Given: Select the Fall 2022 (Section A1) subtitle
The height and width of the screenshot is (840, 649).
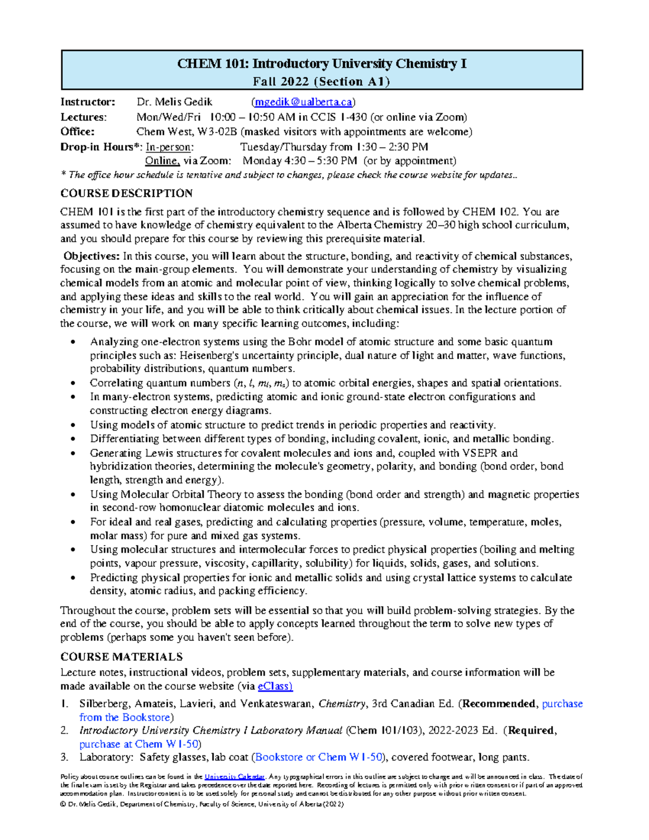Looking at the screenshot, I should [321, 82].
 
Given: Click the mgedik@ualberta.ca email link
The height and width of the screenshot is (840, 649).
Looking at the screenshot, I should [303, 102].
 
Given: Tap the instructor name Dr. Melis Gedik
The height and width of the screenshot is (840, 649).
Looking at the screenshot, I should [174, 102].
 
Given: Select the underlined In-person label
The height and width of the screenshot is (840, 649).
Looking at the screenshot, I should [168, 147].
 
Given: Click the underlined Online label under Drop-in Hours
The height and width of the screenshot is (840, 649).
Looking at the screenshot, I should [162, 161].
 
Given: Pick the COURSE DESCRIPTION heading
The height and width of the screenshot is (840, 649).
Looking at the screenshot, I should [126, 193].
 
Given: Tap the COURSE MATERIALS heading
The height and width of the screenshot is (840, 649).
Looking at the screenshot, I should [121, 657].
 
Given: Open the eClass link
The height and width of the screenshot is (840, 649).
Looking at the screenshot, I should [275, 686].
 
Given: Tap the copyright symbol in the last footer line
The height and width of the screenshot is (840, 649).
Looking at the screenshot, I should [63, 804].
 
